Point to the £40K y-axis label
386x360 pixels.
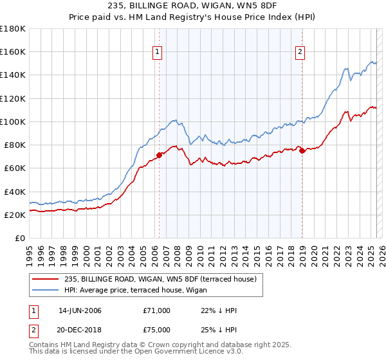[x=15, y=192]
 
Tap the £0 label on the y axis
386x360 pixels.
[x=20, y=239]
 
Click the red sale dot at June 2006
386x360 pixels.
[x=159, y=155]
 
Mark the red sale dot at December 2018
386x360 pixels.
[x=302, y=150]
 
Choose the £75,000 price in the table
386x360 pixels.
[x=156, y=329]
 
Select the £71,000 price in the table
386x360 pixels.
[x=156, y=310]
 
